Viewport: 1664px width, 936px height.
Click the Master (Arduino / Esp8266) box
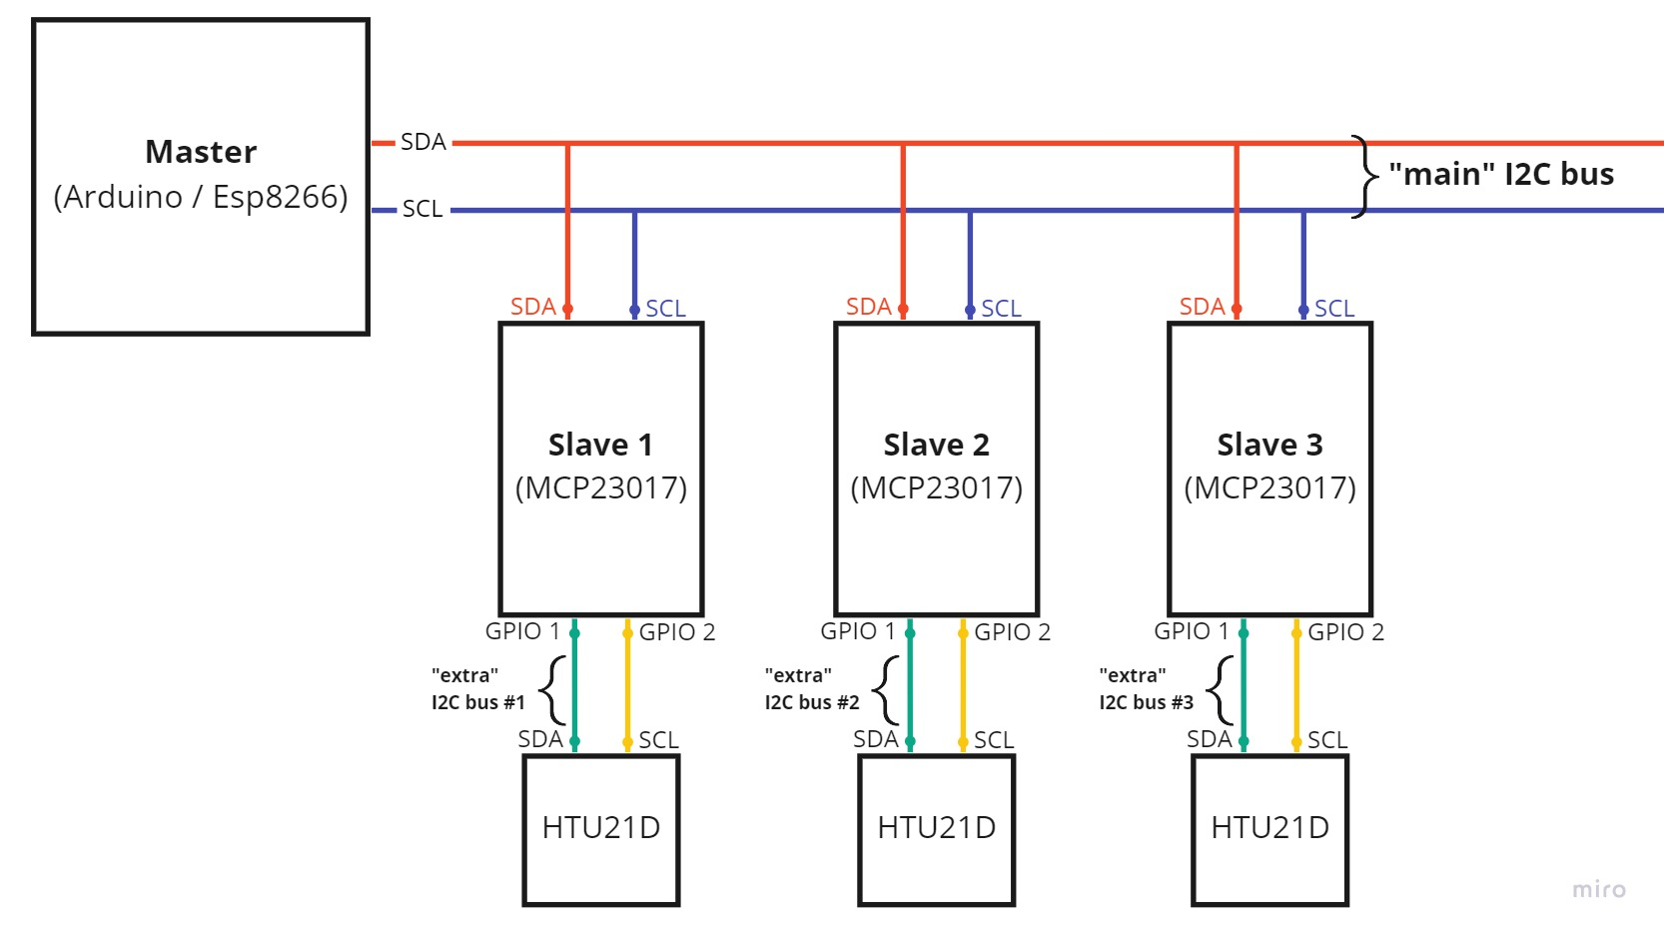201,176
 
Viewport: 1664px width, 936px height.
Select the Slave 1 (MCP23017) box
601,468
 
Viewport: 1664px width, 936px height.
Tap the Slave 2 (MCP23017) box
937,468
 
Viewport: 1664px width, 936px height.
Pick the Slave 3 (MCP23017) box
1270,468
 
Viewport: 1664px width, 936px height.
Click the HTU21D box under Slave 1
601,829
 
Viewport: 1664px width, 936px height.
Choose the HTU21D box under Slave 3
1270,829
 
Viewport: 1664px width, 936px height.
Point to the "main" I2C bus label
1500,175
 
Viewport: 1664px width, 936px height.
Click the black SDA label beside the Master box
423,142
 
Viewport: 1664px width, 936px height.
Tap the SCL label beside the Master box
422,209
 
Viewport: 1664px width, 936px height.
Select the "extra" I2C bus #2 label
811,689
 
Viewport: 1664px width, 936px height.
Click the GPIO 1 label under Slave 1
522,631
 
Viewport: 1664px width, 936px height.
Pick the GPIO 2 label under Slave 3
1345,632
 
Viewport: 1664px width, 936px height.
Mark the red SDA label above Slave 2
868,307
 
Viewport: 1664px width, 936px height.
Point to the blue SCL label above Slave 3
1334,309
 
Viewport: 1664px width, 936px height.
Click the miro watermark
1598,889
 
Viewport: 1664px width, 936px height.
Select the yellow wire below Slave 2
963,689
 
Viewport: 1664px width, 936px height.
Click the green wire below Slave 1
574,689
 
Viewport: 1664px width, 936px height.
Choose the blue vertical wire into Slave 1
634,260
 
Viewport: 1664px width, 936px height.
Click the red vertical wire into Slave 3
1237,230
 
